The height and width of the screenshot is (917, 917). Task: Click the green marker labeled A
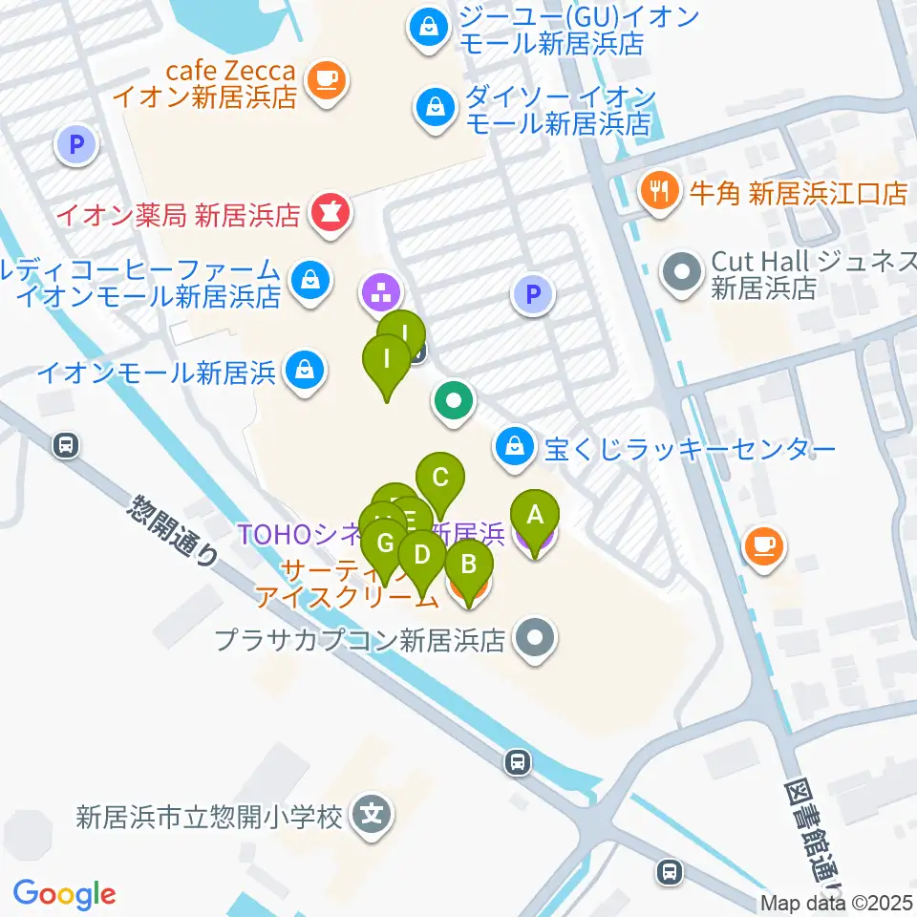(535, 516)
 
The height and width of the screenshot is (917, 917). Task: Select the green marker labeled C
(440, 477)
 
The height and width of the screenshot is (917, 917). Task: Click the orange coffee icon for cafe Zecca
(327, 78)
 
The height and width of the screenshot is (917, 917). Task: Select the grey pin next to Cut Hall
(683, 271)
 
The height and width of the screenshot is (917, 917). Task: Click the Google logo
(64, 894)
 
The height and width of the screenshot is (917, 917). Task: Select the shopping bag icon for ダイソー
(436, 107)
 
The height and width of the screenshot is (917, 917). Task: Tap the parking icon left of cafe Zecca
(77, 145)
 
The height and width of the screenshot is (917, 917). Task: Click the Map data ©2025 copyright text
(837, 903)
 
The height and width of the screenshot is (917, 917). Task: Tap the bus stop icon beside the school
(517, 761)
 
